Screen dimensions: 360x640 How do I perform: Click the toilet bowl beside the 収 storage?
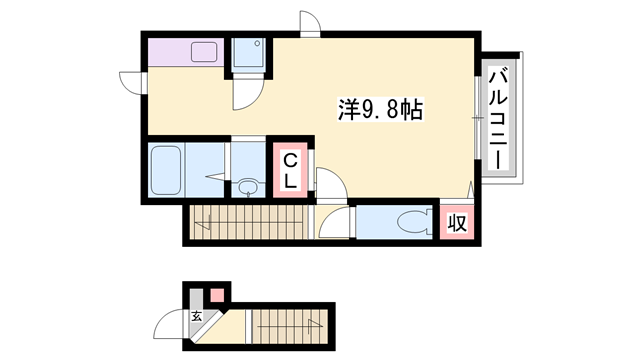tap(410, 222)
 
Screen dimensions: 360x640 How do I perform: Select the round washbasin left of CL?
tap(247, 186)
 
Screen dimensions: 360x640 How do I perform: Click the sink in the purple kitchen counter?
tap(205, 52)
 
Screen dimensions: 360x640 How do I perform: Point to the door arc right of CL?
tap(330, 180)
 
